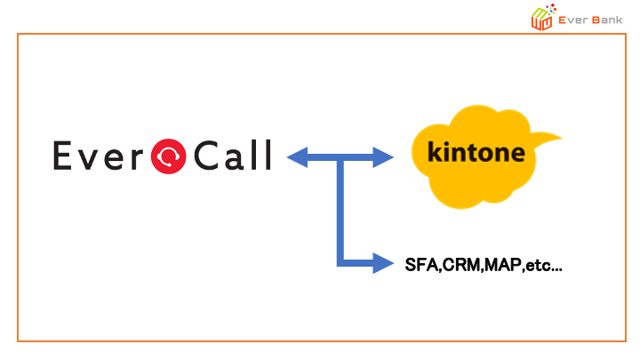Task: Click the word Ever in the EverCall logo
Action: pos(100,157)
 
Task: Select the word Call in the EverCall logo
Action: pos(231,156)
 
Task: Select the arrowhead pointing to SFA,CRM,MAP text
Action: pos(383,263)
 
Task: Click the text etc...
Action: pos(538,264)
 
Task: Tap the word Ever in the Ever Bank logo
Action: pos(572,18)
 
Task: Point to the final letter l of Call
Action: pos(266,156)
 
